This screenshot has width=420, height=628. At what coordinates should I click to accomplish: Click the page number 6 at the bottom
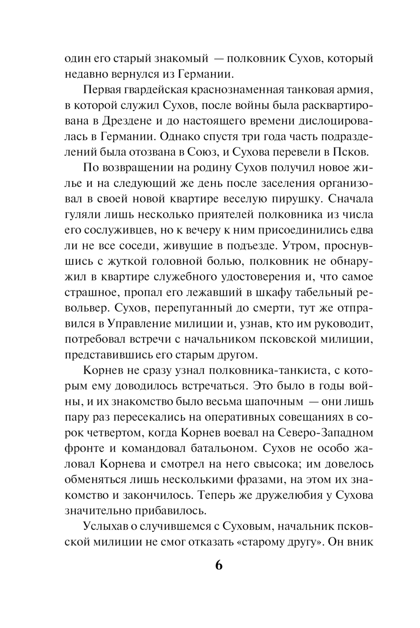pos(218,565)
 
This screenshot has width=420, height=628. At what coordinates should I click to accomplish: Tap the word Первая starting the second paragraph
pos(103,89)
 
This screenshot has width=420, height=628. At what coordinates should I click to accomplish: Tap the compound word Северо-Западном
pos(323,432)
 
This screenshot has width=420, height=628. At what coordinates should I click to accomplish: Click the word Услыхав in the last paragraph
pos(106,526)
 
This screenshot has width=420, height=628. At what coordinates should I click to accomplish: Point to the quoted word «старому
pos(258,542)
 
